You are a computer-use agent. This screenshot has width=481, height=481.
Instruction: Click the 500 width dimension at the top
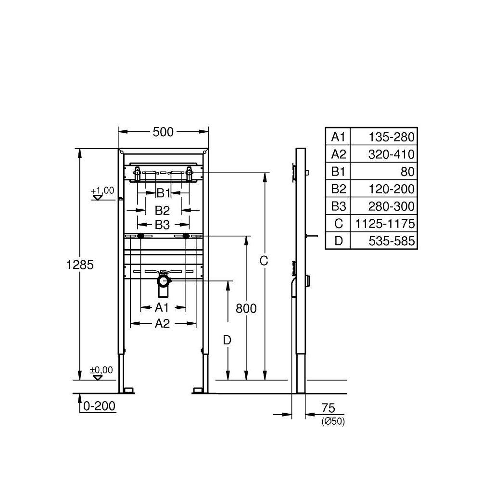[x=163, y=132]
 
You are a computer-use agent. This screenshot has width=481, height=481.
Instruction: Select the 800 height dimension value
[x=246, y=308]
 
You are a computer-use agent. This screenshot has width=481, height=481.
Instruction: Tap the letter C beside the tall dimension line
[x=264, y=261]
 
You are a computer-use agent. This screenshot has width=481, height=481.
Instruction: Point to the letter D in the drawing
[x=227, y=340]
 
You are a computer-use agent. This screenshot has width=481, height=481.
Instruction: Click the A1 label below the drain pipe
[x=162, y=307]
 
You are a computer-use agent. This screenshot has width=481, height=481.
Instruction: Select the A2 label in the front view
[x=162, y=324]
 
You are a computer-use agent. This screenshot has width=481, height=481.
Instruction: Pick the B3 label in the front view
[x=162, y=224]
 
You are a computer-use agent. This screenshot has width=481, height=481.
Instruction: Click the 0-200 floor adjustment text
[x=99, y=406]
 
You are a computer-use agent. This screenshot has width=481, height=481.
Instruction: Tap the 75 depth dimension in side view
[x=328, y=408]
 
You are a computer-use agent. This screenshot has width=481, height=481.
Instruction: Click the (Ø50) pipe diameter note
[x=333, y=422]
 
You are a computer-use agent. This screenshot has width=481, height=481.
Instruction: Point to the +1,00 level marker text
[x=102, y=190]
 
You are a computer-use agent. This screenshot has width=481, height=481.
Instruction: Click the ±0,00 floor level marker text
[x=101, y=370]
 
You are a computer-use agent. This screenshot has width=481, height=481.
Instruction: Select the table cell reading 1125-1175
[x=383, y=224]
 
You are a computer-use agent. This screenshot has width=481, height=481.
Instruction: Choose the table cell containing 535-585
[x=383, y=241]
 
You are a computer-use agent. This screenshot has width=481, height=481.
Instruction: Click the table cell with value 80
[x=383, y=172]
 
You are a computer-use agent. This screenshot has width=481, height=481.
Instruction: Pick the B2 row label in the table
[x=339, y=189]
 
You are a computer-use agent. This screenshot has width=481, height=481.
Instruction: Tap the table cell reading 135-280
[x=383, y=137]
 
